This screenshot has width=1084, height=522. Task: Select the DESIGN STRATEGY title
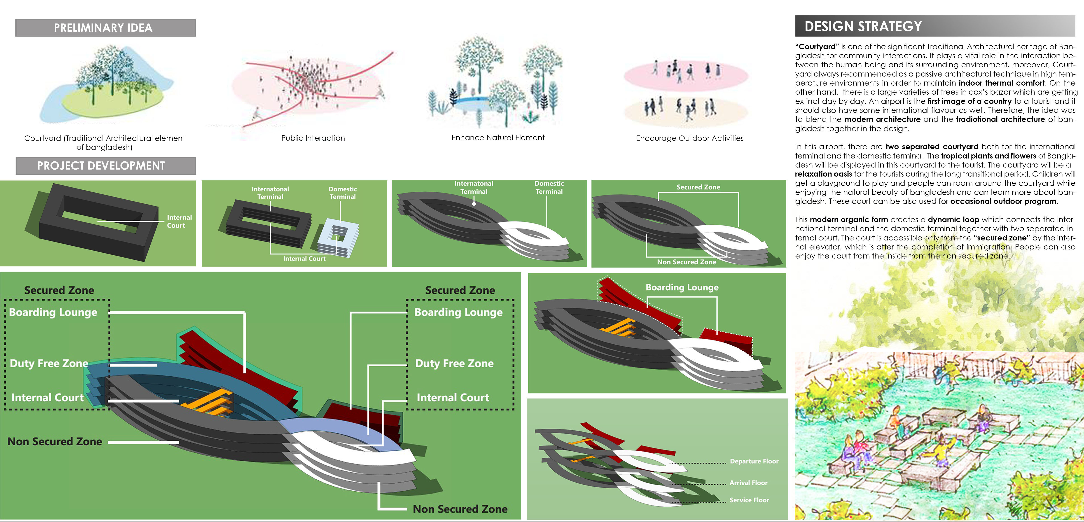point(863,26)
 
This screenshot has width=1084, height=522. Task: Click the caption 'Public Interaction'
point(313,138)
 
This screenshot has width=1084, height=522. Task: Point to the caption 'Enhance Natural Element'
point(498,137)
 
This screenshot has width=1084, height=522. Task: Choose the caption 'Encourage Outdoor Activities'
point(689,138)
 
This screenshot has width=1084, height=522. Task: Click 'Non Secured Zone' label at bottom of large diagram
point(460,509)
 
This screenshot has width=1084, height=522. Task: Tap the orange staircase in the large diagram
point(210,402)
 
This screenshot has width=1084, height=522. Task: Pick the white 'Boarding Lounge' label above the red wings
point(682,287)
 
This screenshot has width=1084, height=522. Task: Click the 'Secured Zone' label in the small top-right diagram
point(698,187)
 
